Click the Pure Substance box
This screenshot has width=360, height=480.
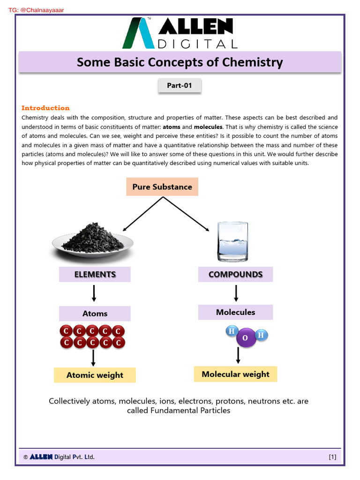162,187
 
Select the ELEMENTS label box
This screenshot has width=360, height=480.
95,274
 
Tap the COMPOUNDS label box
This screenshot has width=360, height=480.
235,274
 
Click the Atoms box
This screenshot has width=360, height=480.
95,314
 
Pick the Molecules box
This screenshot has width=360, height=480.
235,312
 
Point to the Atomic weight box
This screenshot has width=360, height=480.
95,375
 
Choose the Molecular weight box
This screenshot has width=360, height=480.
235,374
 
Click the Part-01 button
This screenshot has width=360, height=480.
180,86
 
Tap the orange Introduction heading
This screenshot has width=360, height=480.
45,108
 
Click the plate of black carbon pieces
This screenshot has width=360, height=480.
93,239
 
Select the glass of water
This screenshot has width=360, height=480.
232,242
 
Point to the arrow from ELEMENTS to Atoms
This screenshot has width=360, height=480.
94,293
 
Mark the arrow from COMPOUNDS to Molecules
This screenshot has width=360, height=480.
236,293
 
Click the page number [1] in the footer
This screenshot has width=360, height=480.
332,457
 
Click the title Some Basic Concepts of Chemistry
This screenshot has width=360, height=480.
180,62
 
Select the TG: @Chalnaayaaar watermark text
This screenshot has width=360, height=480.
37,9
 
